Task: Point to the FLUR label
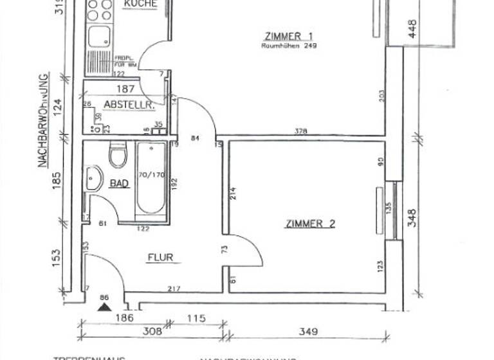click(x=161, y=258)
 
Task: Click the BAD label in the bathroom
click(x=119, y=184)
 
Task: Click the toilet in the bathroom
click(x=118, y=155)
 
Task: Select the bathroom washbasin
click(x=94, y=178)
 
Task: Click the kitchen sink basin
click(x=100, y=37)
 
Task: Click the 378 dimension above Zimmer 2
click(x=301, y=132)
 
